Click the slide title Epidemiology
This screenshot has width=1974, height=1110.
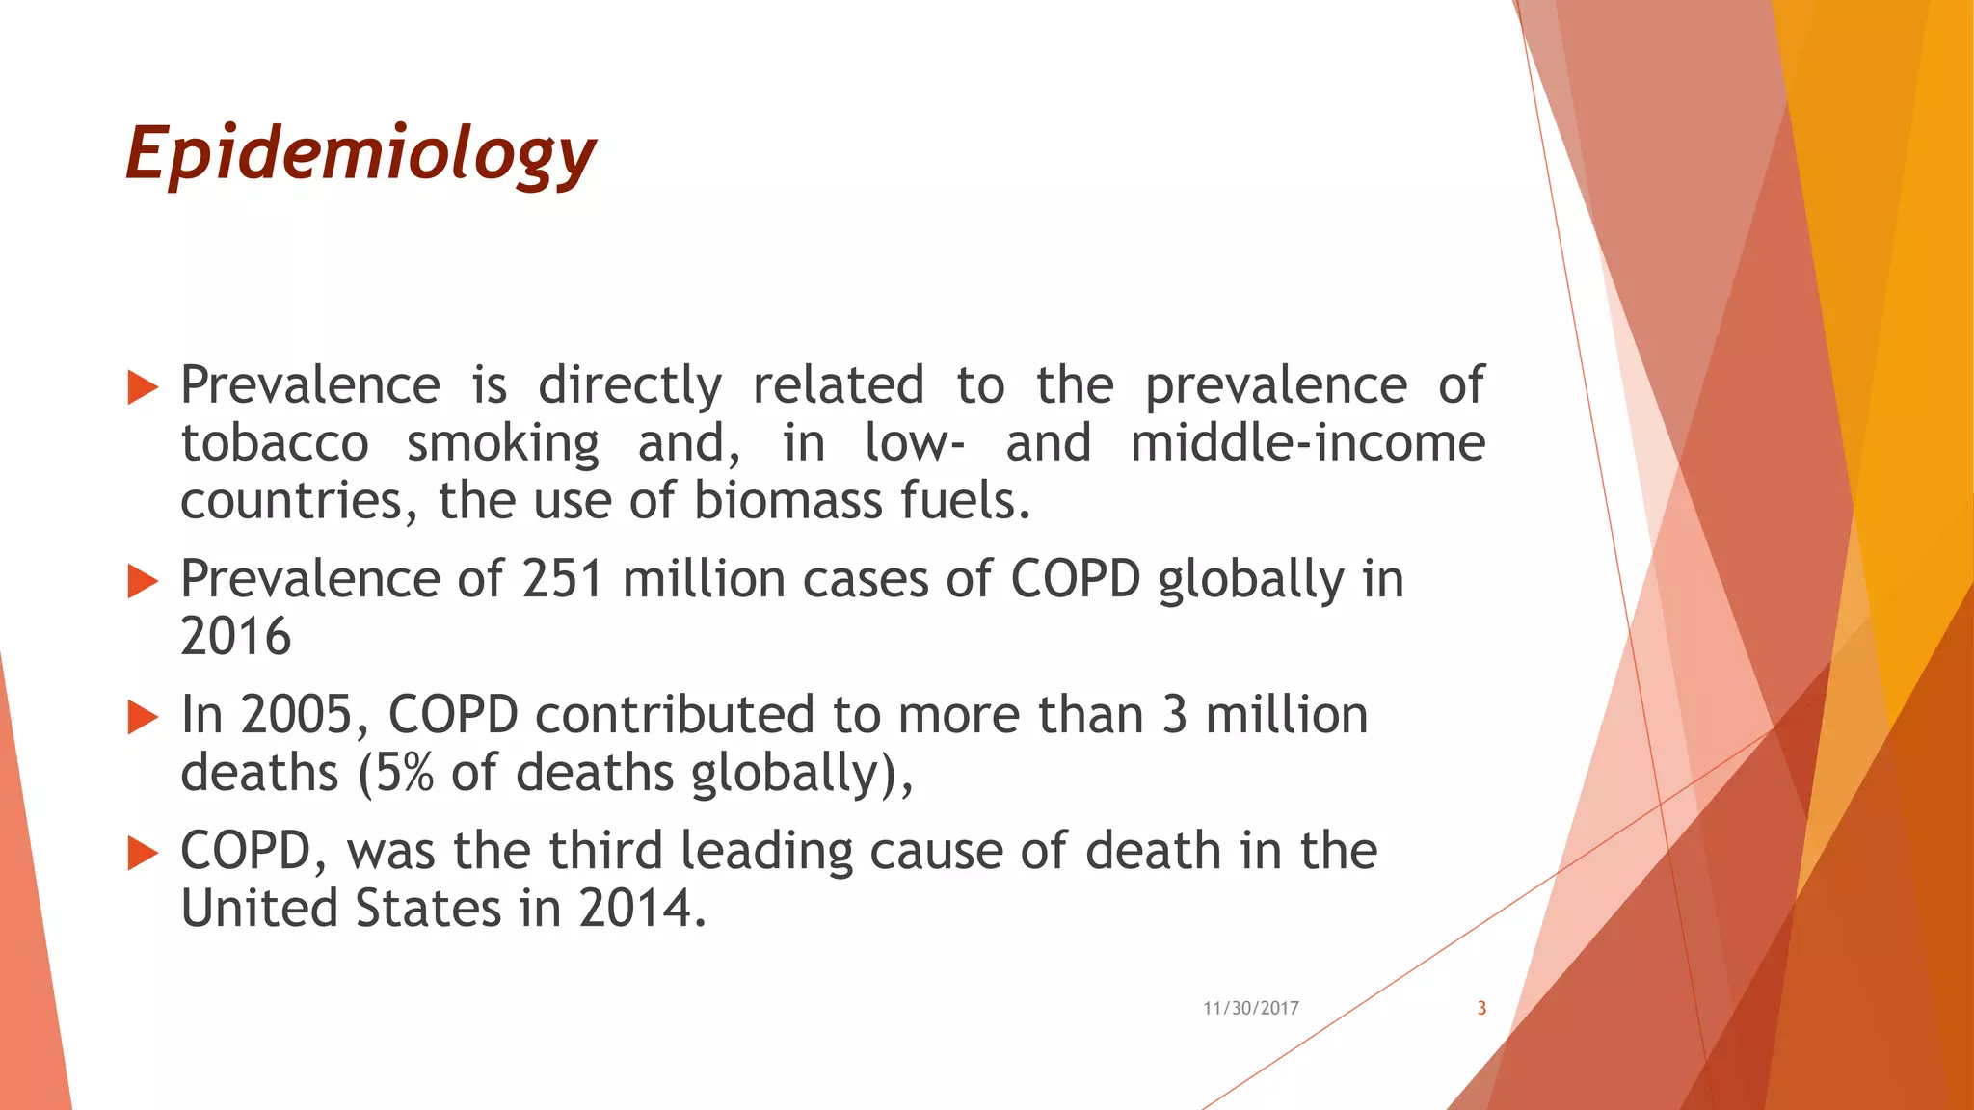click(360, 154)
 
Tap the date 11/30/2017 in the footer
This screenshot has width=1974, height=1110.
click(1250, 1008)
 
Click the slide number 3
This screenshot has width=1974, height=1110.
click(1481, 1008)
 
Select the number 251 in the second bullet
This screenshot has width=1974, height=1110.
click(563, 579)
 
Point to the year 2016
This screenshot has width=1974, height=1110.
click(235, 637)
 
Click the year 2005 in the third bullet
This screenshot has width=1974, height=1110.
click(297, 715)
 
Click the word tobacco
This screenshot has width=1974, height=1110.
click(275, 443)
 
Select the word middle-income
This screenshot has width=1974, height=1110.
click(1307, 443)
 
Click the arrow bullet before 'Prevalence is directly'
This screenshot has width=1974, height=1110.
click(143, 387)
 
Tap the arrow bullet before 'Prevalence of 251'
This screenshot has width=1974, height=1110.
click(143, 581)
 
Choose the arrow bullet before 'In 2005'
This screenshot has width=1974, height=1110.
click(143, 717)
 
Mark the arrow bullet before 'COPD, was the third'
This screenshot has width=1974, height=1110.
click(143, 853)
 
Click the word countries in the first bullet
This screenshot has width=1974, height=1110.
click(291, 501)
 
